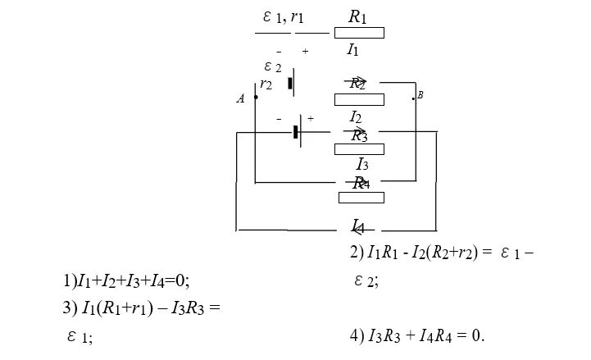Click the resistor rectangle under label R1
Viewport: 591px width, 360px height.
pyautogui.click(x=359, y=33)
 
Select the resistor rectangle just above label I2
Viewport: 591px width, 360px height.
pyautogui.click(x=359, y=99)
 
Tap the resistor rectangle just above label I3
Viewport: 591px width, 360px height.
pyautogui.click(x=359, y=149)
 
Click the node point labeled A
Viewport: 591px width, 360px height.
pyautogui.click(x=256, y=98)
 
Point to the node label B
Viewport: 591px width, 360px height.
pyautogui.click(x=421, y=96)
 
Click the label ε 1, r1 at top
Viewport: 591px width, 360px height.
pyautogui.click(x=283, y=17)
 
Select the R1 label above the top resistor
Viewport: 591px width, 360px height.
pyautogui.click(x=357, y=16)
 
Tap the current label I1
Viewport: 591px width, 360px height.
pyautogui.click(x=352, y=50)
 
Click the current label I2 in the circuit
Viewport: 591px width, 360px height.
pyautogui.click(x=356, y=117)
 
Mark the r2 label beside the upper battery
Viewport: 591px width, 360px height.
pyautogui.click(x=266, y=84)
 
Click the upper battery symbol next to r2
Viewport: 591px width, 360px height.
pyautogui.click(x=292, y=83)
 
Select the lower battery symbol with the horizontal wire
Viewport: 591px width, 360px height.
pyautogui.click(x=298, y=131)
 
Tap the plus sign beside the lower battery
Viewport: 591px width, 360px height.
pyautogui.click(x=311, y=119)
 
